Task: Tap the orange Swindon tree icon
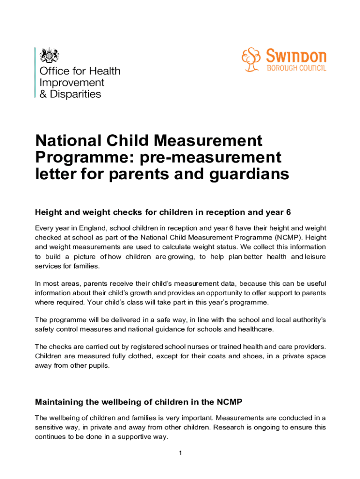(x=251, y=60)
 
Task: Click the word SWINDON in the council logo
(x=296, y=57)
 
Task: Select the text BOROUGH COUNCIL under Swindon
(x=296, y=69)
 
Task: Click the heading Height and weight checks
(x=163, y=212)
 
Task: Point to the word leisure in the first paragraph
(x=316, y=256)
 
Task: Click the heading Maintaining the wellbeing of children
(x=138, y=402)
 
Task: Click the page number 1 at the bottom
(x=180, y=453)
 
